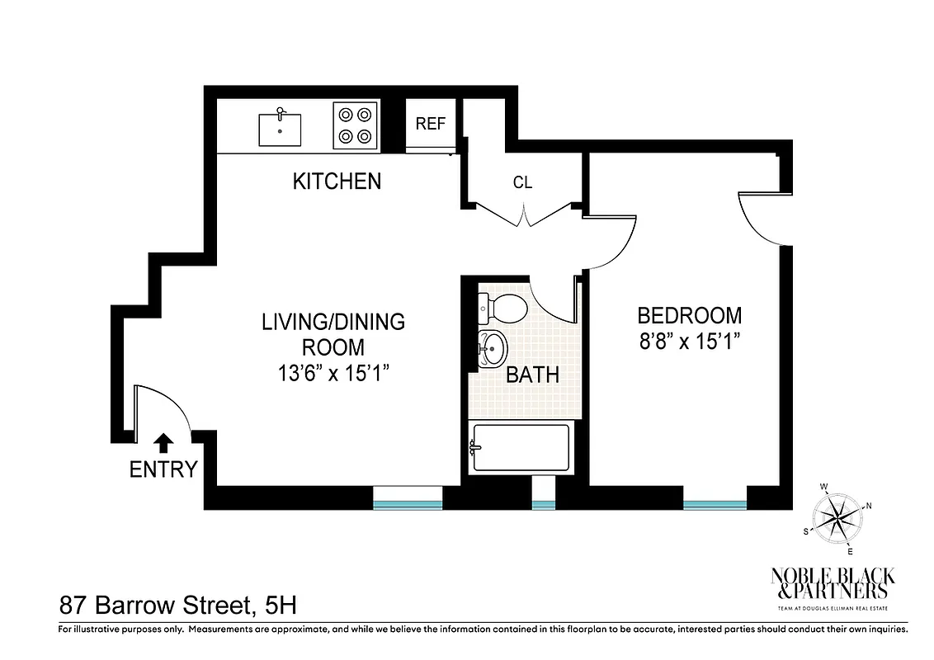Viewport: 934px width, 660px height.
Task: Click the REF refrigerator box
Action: click(x=430, y=125)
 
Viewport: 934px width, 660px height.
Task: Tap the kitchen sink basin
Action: click(x=280, y=130)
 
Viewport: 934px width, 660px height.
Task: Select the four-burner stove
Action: click(x=356, y=125)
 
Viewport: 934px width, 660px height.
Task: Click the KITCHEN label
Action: click(x=337, y=181)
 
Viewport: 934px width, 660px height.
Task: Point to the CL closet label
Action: click(x=522, y=183)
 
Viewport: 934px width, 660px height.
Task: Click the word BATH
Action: click(x=532, y=375)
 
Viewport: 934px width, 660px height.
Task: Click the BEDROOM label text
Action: click(x=689, y=315)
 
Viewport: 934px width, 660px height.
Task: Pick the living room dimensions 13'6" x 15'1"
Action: click(x=333, y=373)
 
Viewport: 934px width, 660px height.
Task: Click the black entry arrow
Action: click(x=164, y=443)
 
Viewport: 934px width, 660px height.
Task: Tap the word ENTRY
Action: click(x=163, y=470)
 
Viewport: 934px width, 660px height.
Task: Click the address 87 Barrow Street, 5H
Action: click(x=177, y=606)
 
